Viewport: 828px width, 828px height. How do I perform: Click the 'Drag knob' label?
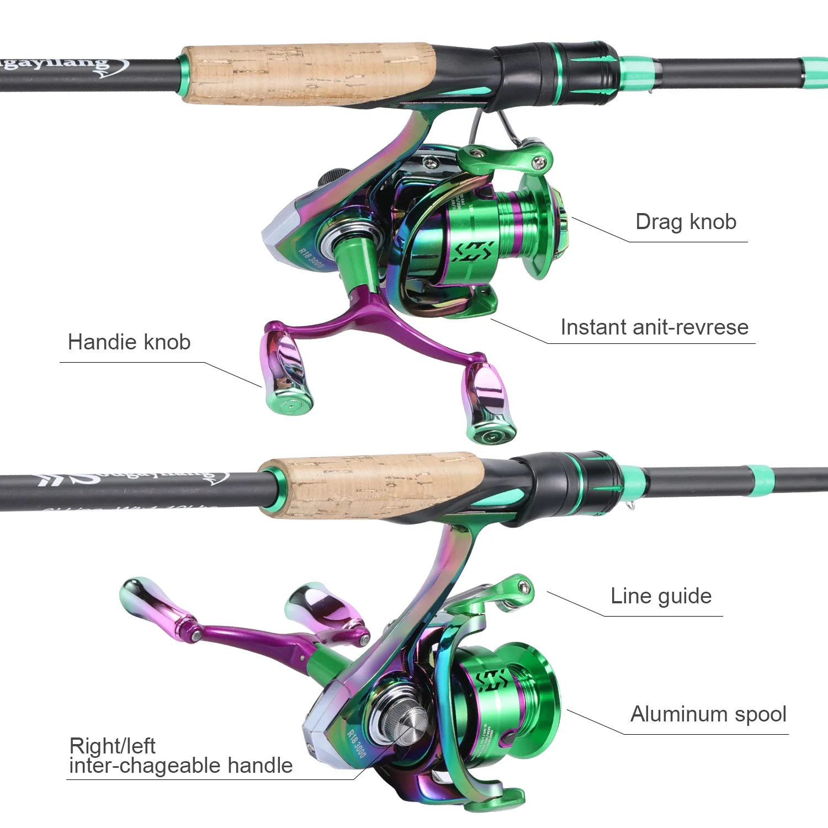pos(686,222)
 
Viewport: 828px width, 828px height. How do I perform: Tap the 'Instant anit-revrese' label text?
pos(654,327)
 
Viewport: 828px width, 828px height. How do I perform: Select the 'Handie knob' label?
pos(129,342)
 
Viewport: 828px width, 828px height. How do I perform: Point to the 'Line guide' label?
pos(661,596)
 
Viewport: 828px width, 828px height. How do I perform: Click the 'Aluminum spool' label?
pos(708,714)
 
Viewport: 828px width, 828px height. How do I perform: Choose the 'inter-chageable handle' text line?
pos(181,766)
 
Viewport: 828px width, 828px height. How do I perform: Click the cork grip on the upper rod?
pos(309,75)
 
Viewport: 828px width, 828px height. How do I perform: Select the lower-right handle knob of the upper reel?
pos(488,403)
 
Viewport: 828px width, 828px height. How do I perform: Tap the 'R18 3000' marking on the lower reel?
pos(357,742)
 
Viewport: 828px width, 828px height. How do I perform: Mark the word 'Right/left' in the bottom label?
pos(112,746)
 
